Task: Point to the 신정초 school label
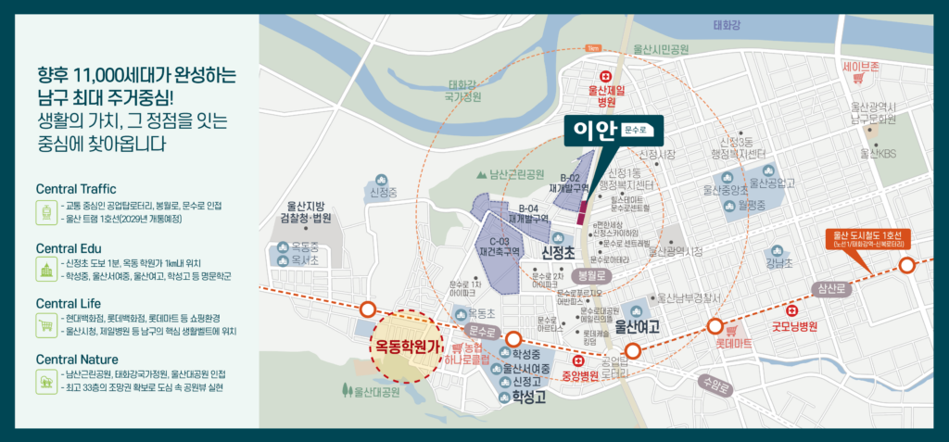coord(559,252)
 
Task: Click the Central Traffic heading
coord(76,189)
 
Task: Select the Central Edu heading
coord(69,248)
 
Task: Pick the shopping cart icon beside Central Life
coord(44,324)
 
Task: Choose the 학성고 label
coord(518,398)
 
